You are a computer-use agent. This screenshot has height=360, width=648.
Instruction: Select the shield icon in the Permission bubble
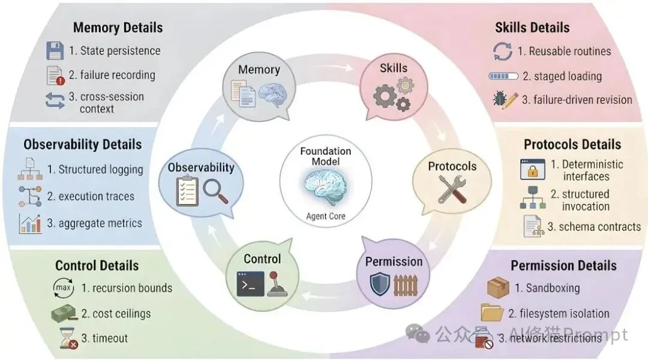(380, 284)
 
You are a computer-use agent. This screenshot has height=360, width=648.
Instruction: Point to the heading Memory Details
(118, 28)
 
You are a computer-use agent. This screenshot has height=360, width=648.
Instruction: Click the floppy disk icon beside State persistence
(55, 51)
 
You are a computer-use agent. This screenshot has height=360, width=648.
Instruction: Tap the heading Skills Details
(532, 28)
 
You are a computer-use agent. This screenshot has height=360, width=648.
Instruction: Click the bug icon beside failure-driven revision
(502, 100)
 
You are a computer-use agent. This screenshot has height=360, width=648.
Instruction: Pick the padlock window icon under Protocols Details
(532, 170)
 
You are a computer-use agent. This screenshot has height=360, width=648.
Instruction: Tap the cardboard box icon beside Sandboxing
(498, 288)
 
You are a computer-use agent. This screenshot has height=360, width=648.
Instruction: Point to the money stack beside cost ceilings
(63, 313)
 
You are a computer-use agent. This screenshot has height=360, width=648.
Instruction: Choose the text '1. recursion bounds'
(127, 288)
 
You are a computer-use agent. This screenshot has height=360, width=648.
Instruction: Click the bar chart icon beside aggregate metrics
(31, 223)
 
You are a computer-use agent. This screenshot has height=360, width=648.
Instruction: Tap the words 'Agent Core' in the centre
(325, 216)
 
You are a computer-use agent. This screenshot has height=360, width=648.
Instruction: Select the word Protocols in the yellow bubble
(452, 166)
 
